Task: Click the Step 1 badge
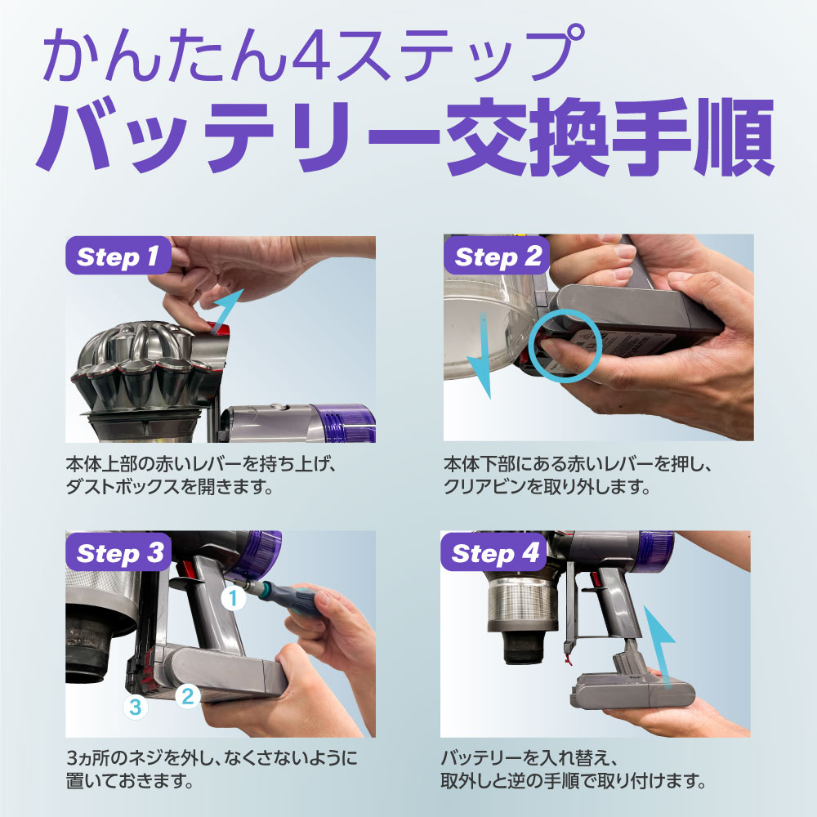pos(118,255)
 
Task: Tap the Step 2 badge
pos(497,255)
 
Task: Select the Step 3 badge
pos(118,551)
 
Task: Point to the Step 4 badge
pos(493,551)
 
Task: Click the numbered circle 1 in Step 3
pos(233,598)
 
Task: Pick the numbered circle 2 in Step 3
pos(188,696)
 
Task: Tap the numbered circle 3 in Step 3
pos(135,707)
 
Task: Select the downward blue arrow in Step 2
pos(482,356)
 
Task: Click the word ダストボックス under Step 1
pos(123,487)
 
